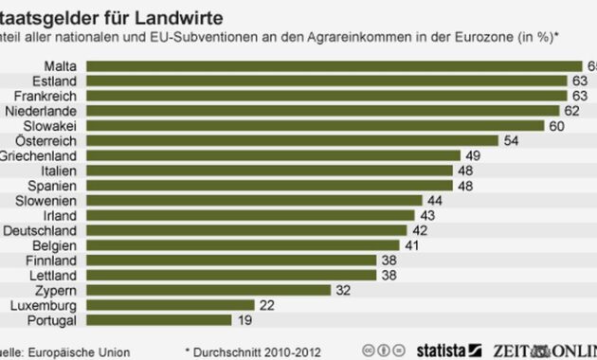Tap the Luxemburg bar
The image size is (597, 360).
170,305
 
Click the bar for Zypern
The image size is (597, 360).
208,290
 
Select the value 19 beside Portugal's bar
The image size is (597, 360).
244,320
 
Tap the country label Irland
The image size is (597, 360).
62,215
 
